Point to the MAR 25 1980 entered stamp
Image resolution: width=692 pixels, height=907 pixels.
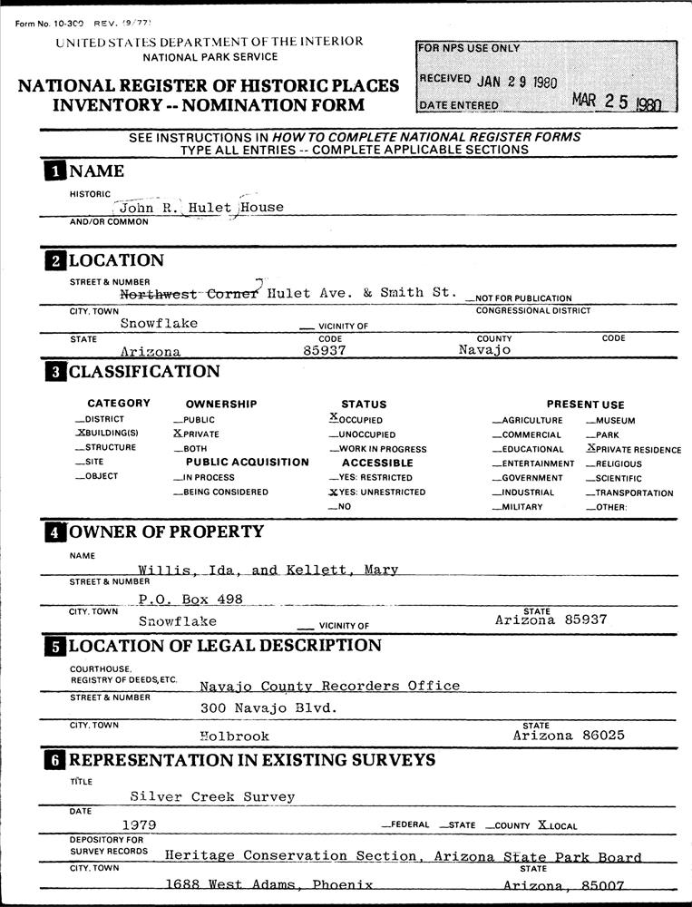coord(618,102)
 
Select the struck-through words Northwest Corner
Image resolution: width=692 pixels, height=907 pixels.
coord(190,294)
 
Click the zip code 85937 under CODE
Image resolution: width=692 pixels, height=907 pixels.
coord(324,351)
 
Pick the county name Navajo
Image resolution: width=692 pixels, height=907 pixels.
coord(484,350)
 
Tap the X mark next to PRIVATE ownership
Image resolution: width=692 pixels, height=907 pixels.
coord(177,434)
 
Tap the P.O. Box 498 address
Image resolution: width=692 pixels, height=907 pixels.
coord(190,600)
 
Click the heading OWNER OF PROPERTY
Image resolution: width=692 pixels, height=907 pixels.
coord(166,532)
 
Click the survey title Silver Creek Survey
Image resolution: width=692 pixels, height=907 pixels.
coord(212,796)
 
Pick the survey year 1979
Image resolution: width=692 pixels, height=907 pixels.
coord(139,824)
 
